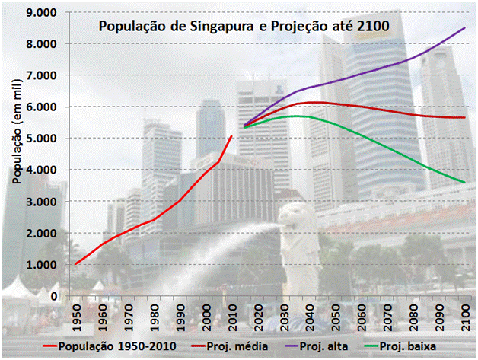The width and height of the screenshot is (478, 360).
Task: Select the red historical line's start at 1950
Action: coord(76,264)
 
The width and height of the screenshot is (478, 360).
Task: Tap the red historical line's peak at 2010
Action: coord(232,135)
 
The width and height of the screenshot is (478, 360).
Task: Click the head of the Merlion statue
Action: coord(292,213)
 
